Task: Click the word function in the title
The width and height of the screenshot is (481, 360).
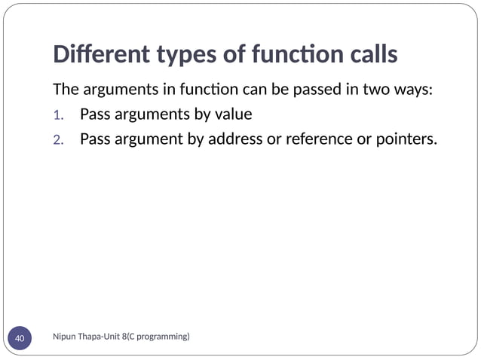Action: tap(282, 55)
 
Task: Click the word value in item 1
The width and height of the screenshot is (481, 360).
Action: tap(233, 114)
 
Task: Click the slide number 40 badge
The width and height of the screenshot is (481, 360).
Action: tap(20, 339)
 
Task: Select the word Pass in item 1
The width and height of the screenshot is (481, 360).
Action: tap(94, 114)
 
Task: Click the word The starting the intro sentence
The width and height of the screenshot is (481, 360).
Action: tap(66, 90)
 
